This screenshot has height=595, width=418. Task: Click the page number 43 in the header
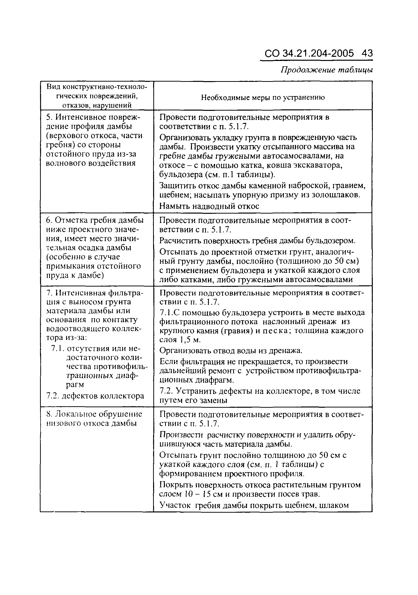[x=367, y=53]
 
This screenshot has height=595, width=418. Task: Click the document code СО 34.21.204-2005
[x=309, y=53]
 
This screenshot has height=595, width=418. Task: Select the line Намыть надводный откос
[x=209, y=206]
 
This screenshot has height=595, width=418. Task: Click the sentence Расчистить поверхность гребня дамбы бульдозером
[x=257, y=241]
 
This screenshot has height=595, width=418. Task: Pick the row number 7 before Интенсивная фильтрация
[x=48, y=293]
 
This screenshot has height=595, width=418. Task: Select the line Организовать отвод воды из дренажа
[x=231, y=351]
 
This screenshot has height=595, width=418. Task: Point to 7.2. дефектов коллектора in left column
[x=95, y=396]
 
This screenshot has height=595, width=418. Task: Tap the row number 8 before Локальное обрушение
[x=48, y=414]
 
